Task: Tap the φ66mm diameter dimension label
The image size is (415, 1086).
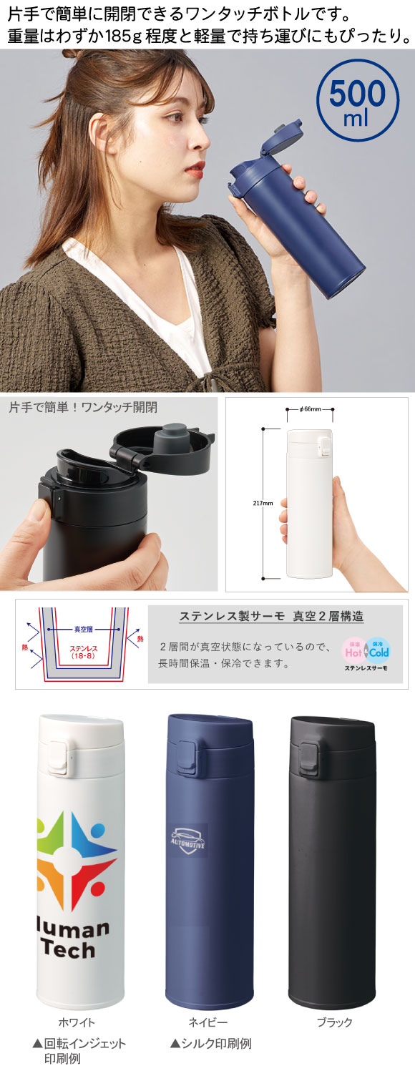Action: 311,409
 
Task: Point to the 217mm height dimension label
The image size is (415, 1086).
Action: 263,503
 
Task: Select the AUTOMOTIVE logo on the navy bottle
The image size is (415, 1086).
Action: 188,840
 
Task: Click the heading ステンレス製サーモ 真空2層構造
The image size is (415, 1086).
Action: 271,616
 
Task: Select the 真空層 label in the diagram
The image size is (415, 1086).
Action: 83,630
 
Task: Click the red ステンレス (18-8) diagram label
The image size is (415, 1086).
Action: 84,652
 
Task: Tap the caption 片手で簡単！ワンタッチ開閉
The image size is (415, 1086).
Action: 83,407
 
